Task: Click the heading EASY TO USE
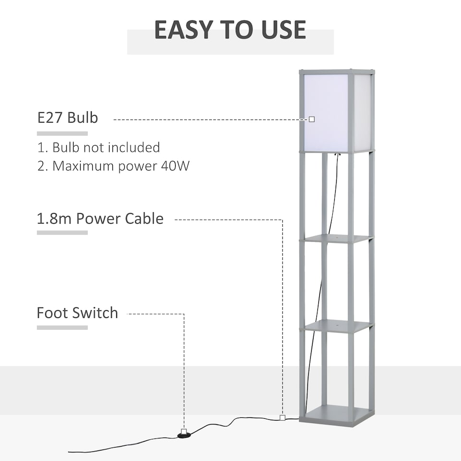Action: click(230, 30)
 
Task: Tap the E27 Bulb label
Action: click(68, 118)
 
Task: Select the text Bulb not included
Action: click(106, 147)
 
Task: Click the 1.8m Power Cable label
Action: click(100, 218)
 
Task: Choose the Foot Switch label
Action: click(77, 313)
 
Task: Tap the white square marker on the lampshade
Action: click(312, 119)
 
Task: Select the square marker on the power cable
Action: click(282, 418)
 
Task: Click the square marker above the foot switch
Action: click(183, 431)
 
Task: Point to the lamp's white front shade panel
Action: click(327, 113)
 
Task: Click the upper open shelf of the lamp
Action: click(338, 238)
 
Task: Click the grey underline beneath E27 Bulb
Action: click(62, 133)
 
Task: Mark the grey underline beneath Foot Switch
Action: click(62, 328)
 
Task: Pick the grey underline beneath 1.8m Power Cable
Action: click(62, 232)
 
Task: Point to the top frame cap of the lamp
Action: click(337, 72)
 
